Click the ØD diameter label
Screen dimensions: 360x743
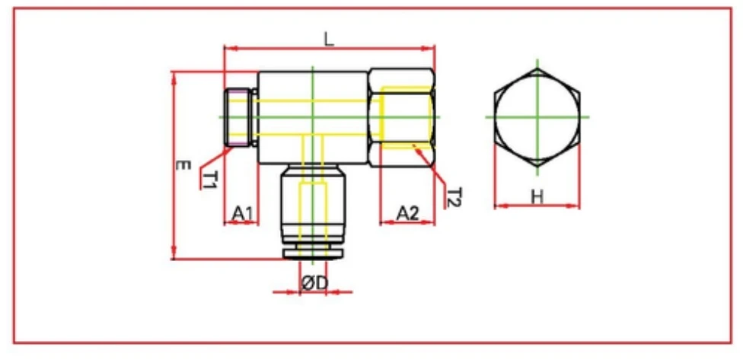click(314, 283)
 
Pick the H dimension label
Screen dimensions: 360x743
click(537, 196)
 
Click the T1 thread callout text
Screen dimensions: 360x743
click(211, 180)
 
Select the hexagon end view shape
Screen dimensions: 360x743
click(537, 117)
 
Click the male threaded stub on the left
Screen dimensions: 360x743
click(241, 117)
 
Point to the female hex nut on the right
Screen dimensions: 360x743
click(402, 117)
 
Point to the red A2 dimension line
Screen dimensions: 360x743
click(408, 223)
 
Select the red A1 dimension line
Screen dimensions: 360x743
click(242, 223)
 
